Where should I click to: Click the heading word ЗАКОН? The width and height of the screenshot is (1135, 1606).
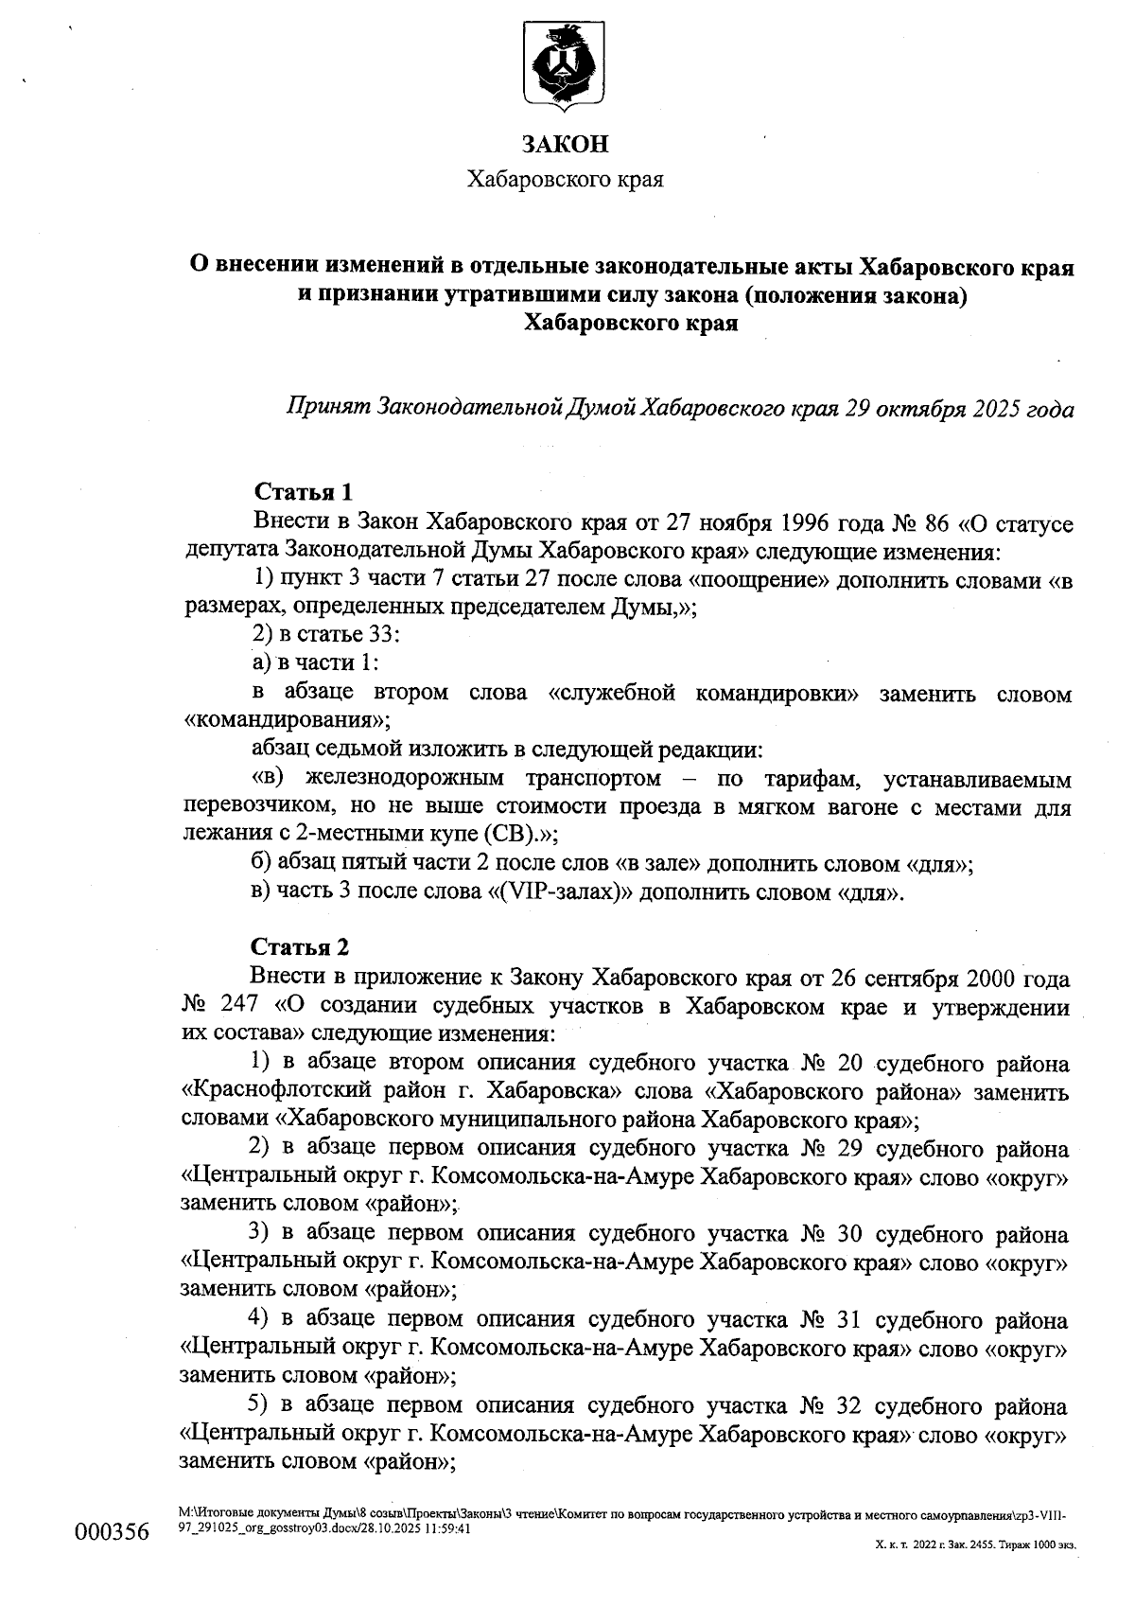click(x=566, y=144)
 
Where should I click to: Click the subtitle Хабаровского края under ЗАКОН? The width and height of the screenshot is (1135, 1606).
click(x=566, y=180)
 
